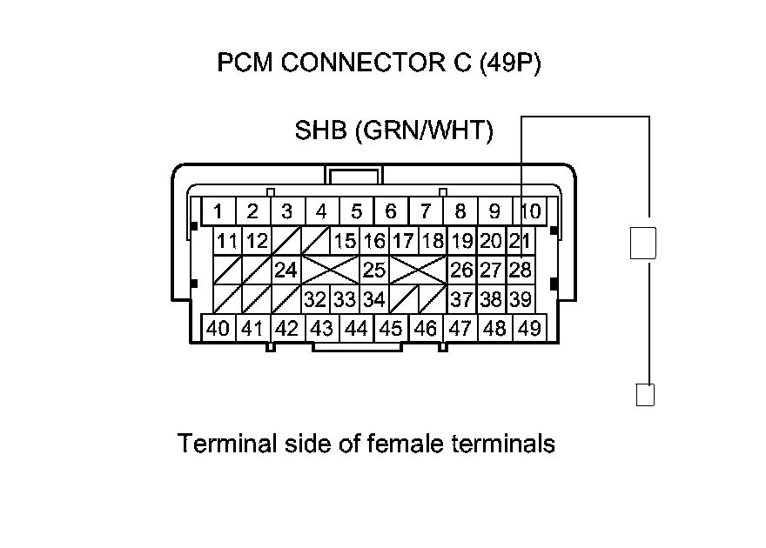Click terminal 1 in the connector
click(218, 211)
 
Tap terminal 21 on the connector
click(520, 241)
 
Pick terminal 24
click(286, 270)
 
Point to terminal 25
click(373, 270)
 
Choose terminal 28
click(520, 270)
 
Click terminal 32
click(315, 300)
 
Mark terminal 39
click(520, 300)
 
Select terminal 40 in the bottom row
click(218, 329)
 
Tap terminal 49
click(528, 329)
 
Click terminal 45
click(391, 329)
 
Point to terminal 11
click(228, 241)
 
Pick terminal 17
click(402, 241)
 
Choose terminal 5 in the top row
click(356, 211)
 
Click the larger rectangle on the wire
click(642, 243)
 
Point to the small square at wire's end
click(645, 396)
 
